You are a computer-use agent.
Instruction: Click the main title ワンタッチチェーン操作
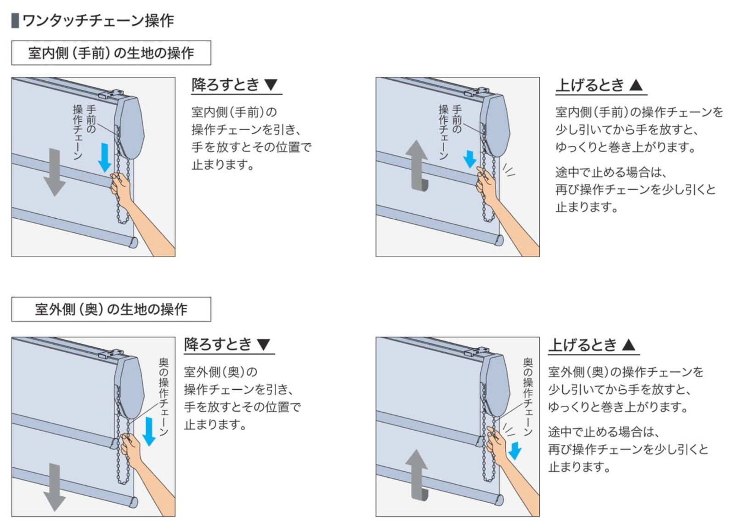click(98, 21)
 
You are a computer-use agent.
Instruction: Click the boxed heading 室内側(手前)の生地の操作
click(111, 53)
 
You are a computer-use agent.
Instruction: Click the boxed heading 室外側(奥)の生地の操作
click(111, 309)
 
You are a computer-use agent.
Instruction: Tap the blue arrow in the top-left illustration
click(105, 158)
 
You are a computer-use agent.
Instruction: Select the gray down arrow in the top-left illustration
click(55, 172)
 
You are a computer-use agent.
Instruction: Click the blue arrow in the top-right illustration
click(470, 159)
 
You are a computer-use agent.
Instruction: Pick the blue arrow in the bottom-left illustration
click(149, 431)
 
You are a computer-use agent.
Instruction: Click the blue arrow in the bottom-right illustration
click(514, 451)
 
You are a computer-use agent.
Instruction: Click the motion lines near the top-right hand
click(509, 170)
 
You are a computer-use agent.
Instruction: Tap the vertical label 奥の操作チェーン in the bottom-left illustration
click(164, 397)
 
